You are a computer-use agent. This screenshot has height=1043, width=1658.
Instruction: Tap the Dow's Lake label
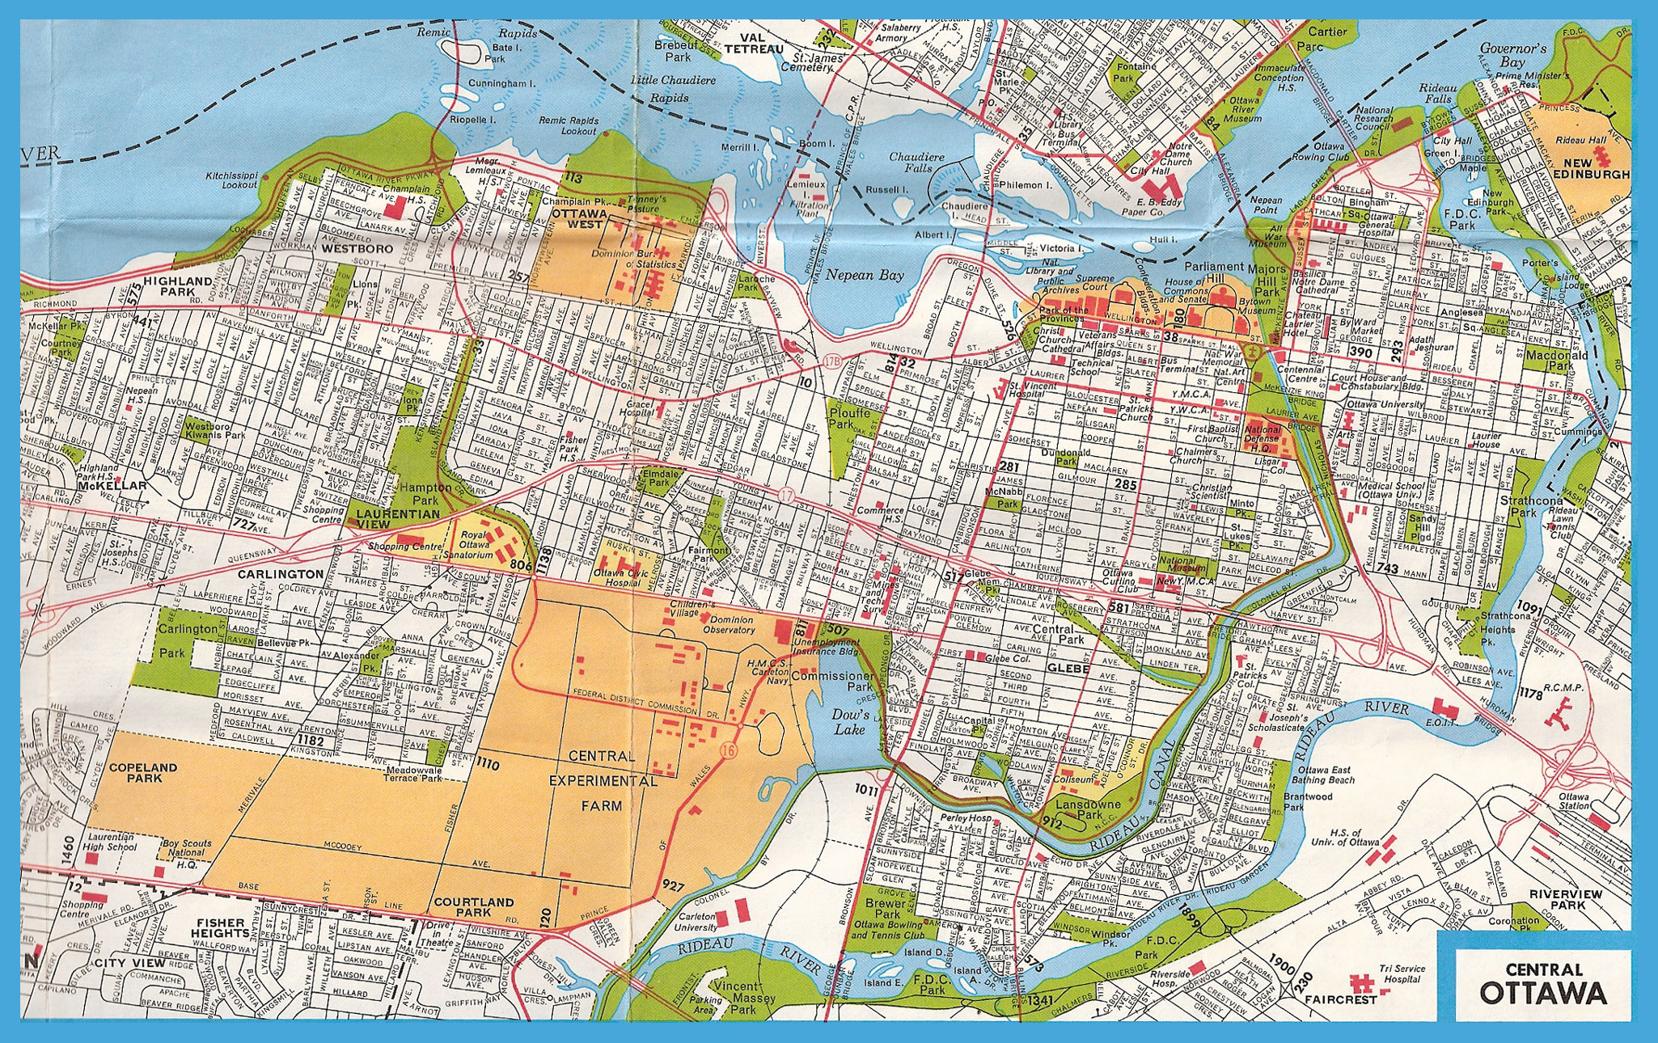pos(850,722)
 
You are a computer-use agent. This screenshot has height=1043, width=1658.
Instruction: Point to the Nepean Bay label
pos(864,275)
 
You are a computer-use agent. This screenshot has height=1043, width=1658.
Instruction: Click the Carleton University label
pos(696,922)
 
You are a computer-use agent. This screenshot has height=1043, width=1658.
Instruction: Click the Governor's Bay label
pos(1512,55)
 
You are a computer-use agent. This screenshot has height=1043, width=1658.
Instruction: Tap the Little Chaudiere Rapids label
pos(672,89)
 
